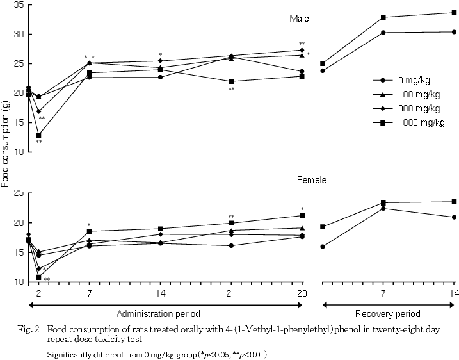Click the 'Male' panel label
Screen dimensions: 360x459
299,19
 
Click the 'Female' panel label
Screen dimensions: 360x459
312,180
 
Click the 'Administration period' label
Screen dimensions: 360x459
158,314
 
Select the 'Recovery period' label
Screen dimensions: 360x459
388,314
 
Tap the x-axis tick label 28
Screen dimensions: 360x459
302,293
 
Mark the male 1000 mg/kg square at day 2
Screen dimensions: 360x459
39,135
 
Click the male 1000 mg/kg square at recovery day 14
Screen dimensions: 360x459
454,13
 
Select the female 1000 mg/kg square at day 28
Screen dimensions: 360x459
302,216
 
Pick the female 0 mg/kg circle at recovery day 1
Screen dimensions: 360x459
323,247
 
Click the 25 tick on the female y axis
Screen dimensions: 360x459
19,193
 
